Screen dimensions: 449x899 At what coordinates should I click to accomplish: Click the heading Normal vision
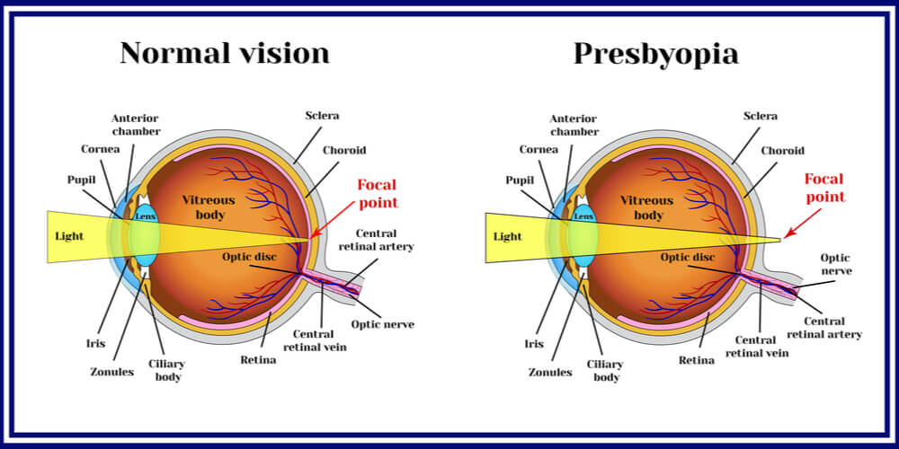click(x=224, y=54)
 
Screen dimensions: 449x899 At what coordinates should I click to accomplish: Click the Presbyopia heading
click(x=656, y=54)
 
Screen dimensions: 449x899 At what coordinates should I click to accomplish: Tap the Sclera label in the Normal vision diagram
click(x=321, y=116)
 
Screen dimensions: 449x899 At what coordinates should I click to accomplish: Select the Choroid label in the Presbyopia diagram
click(x=783, y=150)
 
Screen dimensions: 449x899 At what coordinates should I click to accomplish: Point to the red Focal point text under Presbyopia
click(x=824, y=188)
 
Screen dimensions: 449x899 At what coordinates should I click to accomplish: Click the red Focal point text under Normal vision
click(x=378, y=194)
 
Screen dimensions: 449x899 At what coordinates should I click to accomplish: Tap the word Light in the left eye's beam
click(x=69, y=236)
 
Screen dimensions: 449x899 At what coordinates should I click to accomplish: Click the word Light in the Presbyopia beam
click(x=507, y=236)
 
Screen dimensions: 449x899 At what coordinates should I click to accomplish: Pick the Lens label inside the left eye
click(x=145, y=216)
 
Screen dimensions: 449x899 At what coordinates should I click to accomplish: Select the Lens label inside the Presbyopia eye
click(x=583, y=216)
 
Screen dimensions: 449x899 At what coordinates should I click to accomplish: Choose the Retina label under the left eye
click(x=258, y=360)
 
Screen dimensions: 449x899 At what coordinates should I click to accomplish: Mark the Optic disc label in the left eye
click(x=250, y=257)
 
